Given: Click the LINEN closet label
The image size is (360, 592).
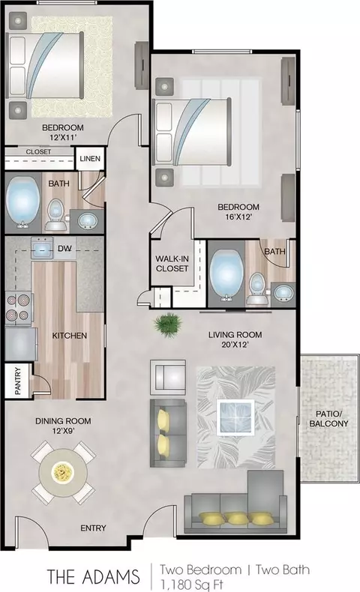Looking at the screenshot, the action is coord(90,159).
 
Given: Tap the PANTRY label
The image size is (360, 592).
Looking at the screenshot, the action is coord(18,381).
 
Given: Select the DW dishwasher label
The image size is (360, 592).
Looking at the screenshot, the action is coord(65,249).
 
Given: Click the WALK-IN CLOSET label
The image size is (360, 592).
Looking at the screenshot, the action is coord(172,264).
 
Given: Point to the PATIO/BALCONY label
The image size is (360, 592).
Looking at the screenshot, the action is coord(328,419).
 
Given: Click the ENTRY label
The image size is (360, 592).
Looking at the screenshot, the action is coord(93,528).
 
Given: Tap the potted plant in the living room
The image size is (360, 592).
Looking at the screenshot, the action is coord(168,324).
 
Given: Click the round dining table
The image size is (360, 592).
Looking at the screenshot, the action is coord(64,472).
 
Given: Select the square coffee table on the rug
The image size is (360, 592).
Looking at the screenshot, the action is coord(235,417).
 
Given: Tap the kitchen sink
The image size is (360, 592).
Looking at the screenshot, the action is coord(42,250).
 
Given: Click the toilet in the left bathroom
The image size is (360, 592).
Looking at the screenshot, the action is coord(56,214).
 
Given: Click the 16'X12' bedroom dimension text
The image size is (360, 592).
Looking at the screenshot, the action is coord(238,217).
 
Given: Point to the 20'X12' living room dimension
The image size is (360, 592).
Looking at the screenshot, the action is coord(235,345).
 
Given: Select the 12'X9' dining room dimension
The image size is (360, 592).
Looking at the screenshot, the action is coord(64,431).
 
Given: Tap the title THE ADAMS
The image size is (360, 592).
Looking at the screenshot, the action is coord(93,576).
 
